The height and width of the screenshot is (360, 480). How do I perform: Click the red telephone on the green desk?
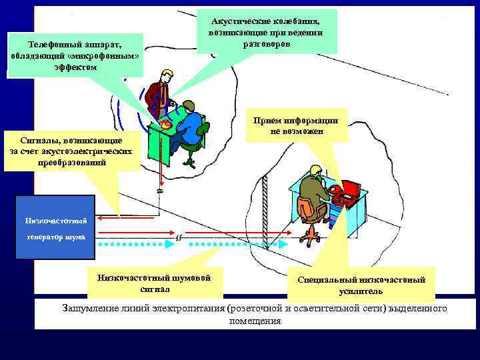165,124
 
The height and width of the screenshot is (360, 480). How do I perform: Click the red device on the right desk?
346,193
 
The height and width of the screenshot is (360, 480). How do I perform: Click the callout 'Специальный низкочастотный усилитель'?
361,285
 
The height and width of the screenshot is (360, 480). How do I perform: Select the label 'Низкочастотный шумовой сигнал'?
155,283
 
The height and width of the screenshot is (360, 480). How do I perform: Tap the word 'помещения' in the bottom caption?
255,321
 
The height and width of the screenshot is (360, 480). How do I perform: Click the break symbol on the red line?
179,237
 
